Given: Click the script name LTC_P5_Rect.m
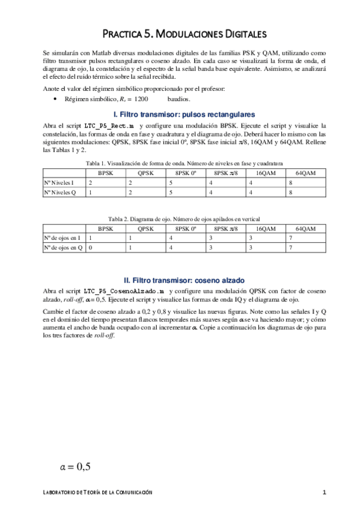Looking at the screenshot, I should [108, 124].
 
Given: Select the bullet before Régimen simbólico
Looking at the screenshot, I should [55, 99].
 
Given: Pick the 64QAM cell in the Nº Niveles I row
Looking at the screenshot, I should [307, 182].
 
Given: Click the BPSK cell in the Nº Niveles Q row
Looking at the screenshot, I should [106, 192].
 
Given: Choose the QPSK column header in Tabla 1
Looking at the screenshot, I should [145, 173].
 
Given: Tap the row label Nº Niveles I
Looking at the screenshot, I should [63, 182].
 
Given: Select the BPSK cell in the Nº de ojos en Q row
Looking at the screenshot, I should [106, 248].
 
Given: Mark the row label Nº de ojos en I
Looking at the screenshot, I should [63, 238].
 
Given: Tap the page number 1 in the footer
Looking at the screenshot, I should [324, 493].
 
